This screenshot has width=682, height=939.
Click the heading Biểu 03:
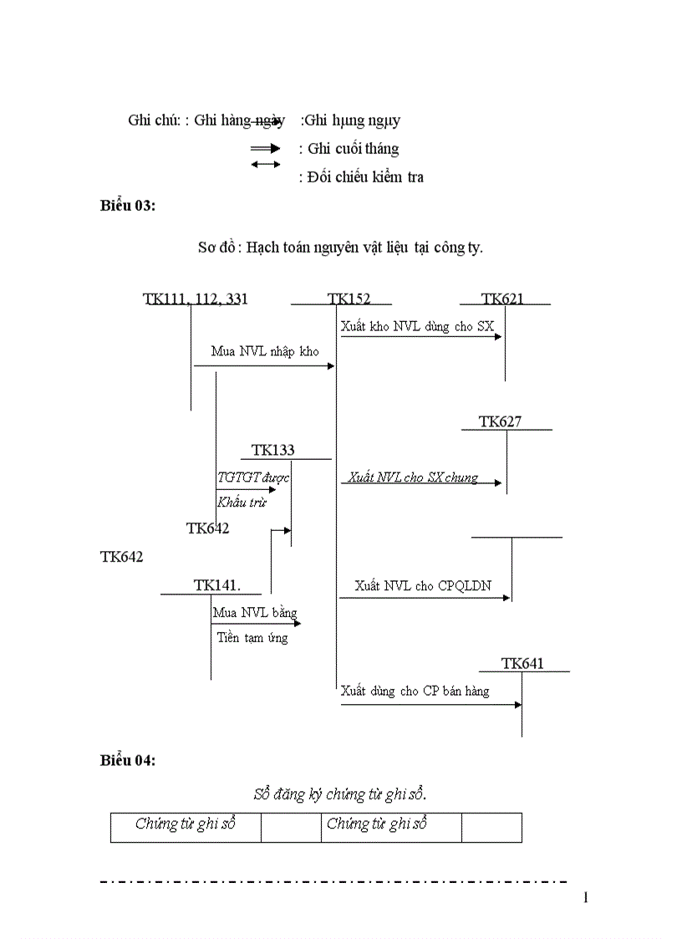click(128, 207)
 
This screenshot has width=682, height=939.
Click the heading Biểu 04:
click(128, 760)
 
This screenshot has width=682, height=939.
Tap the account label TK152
click(349, 299)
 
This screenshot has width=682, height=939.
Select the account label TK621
click(503, 299)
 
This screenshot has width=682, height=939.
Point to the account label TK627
click(501, 422)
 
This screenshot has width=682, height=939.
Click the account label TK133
click(273, 451)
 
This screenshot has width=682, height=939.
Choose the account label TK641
click(523, 664)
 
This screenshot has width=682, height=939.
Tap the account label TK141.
click(217, 585)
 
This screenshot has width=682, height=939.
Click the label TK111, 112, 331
click(196, 299)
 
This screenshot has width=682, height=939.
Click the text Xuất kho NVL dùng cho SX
click(417, 326)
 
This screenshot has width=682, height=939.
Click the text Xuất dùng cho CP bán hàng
click(415, 691)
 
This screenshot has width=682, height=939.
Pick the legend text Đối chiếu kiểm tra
click(361, 176)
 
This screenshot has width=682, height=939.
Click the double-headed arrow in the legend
click(266, 164)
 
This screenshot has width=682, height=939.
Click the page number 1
click(586, 898)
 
